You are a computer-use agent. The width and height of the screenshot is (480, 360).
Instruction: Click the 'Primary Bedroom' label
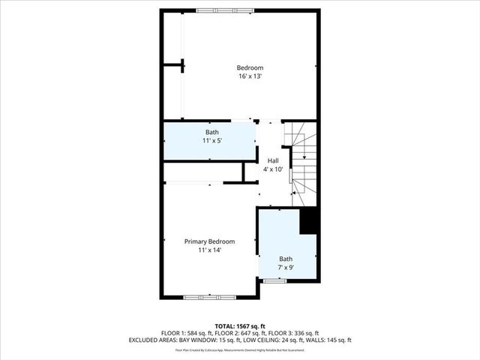point(210,241)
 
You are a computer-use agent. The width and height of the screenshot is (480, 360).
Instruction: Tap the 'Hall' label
point(273,160)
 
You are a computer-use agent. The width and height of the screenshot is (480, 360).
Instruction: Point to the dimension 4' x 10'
point(273,169)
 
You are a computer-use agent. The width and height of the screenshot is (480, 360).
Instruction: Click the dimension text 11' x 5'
point(212,141)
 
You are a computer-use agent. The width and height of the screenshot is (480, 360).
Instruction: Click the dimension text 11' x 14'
point(210,250)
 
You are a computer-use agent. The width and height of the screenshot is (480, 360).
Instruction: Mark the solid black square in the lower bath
point(309,222)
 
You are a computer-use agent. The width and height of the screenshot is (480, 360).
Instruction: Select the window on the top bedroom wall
point(224,10)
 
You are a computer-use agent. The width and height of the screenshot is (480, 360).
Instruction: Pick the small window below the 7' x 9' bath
point(274,280)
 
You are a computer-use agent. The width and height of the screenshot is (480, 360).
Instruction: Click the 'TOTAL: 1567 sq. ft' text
point(240,326)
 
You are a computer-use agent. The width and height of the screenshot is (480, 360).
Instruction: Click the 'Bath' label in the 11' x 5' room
point(212,133)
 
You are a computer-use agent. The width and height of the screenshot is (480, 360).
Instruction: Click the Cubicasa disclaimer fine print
point(240,349)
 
